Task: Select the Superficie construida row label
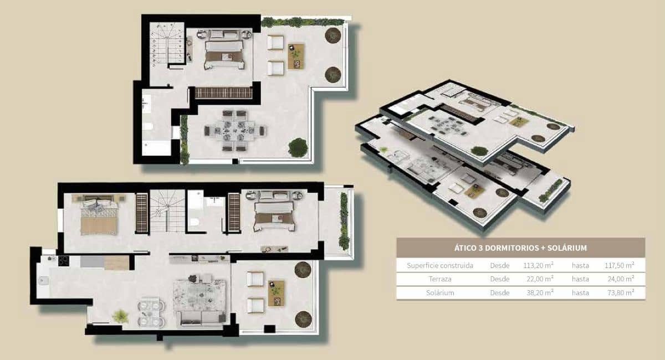point(440,265)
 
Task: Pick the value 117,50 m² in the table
point(619,265)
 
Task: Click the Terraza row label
point(440,279)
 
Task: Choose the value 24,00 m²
point(619,279)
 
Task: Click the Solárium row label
point(440,293)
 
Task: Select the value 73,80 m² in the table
point(619,293)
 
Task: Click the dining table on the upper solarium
point(234,131)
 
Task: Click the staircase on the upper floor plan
point(167,44)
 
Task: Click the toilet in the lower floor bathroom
point(195,223)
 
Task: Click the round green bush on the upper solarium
point(298,147)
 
